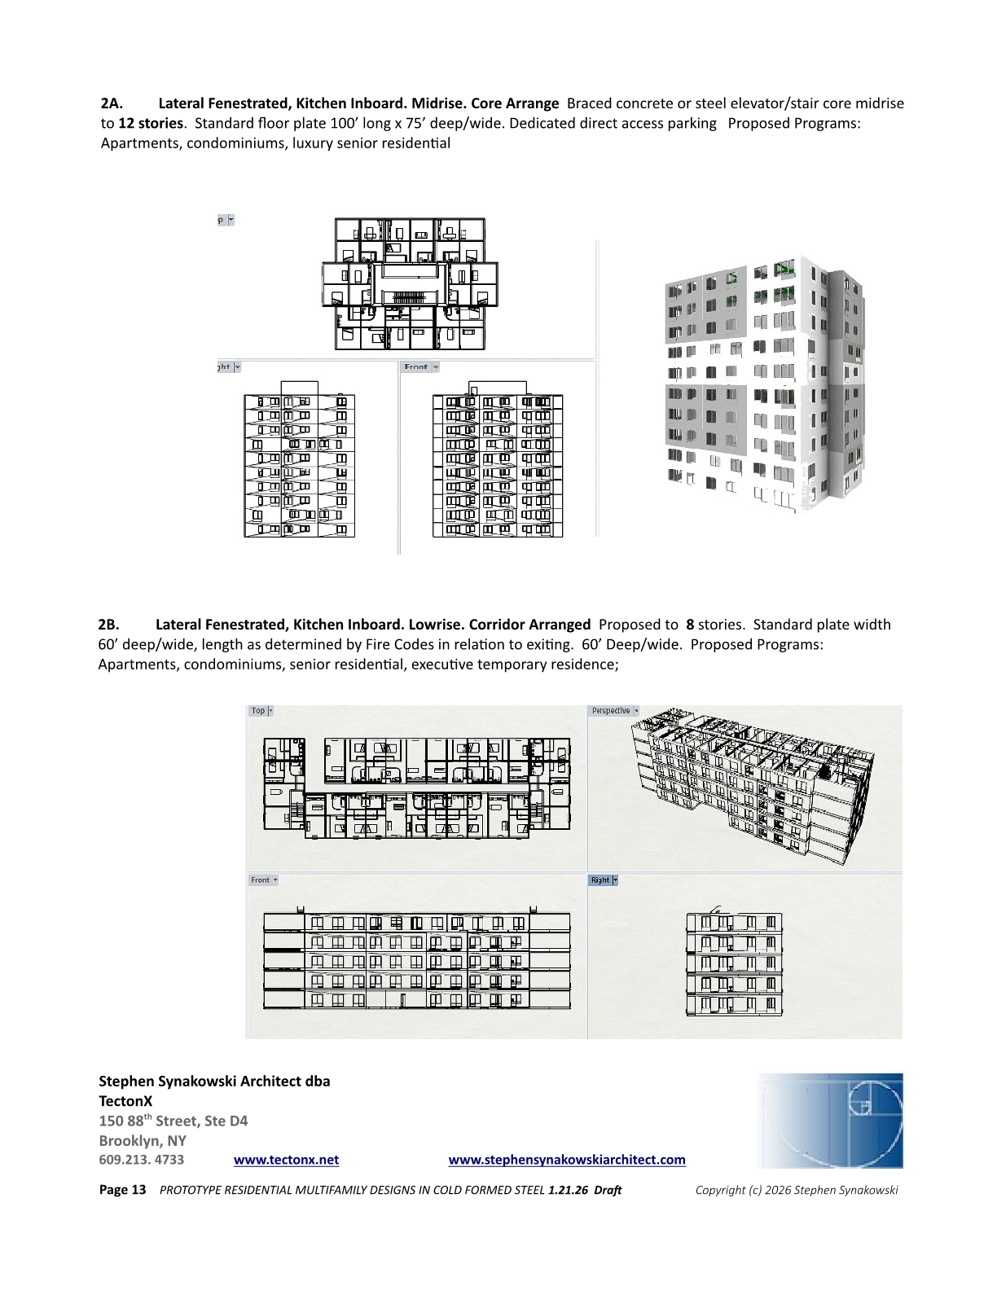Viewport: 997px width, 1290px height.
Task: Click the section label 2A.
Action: click(x=112, y=103)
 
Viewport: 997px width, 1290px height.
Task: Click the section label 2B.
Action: click(x=108, y=625)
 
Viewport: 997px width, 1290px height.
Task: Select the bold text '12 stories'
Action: click(x=151, y=124)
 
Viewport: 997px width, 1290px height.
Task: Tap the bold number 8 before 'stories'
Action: click(x=690, y=625)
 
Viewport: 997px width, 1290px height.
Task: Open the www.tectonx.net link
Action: click(x=286, y=1160)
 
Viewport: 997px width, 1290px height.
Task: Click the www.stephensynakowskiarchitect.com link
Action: click(x=567, y=1160)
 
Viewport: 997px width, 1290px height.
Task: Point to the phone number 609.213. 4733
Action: click(x=142, y=1160)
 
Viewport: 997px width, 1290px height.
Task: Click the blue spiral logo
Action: click(x=830, y=1121)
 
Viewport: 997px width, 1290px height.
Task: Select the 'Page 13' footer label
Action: click(x=122, y=1190)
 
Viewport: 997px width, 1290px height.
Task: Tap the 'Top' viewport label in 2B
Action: click(x=258, y=711)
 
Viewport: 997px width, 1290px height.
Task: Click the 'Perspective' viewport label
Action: click(x=611, y=711)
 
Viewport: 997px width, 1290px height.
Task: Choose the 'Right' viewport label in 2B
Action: click(x=600, y=880)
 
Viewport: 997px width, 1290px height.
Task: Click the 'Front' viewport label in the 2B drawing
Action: click(x=260, y=880)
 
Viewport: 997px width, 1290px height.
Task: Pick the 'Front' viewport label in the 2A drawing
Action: click(x=415, y=367)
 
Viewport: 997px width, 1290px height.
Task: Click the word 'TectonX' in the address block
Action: click(x=125, y=1101)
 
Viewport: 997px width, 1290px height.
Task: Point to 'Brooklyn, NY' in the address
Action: click(x=143, y=1140)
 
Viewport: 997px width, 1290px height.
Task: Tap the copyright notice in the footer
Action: click(x=797, y=1190)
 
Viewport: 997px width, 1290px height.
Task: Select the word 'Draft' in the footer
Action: click(x=608, y=1190)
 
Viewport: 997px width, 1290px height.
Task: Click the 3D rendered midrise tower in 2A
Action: click(x=762, y=383)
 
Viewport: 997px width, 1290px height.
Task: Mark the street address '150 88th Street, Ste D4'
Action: click(x=173, y=1121)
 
